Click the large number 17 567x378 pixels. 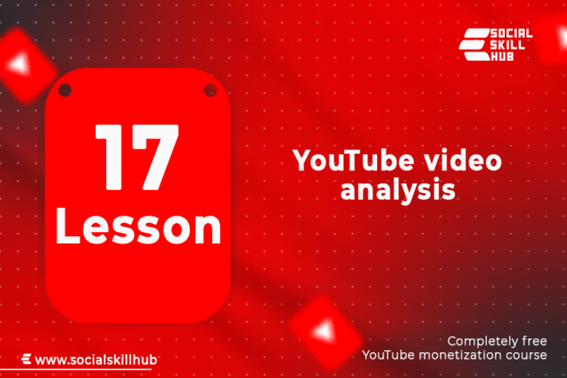point(136,158)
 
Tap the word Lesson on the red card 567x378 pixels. point(138,227)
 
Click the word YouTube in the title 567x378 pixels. point(353,159)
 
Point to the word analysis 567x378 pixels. point(397,190)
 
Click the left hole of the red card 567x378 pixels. point(65,90)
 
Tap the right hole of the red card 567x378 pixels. point(210,90)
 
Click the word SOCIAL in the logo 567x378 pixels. point(511,33)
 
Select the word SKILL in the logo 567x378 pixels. point(507,45)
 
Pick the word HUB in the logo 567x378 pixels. point(502,56)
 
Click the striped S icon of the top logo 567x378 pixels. point(474,44)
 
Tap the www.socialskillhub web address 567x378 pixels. point(96,360)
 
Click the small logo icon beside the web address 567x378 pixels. point(26,359)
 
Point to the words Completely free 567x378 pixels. point(497,341)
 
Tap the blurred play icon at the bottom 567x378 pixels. point(325,332)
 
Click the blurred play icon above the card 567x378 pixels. point(22,65)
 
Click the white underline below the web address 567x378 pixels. point(76,370)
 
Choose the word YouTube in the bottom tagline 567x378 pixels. point(389,355)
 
